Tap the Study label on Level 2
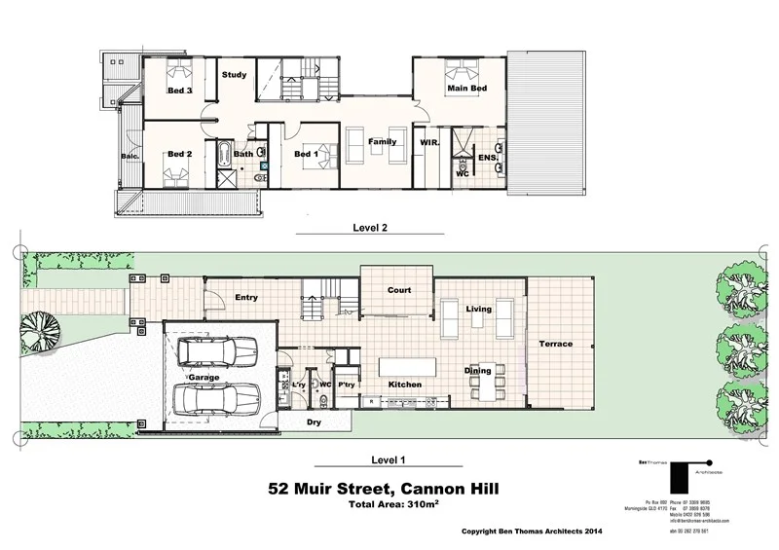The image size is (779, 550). coord(234,75)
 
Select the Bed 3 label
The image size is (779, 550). coord(179,92)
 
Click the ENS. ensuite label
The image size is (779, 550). coord(488,157)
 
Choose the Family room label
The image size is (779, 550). coord(381,142)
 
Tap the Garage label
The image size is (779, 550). coord(204,377)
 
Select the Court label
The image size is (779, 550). coord(399,290)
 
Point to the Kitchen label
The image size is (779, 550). coord(405,385)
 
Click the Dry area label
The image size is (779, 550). coord(315,422)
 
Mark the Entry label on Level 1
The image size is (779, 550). coord(245,298)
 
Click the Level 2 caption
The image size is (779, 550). coord(369,230)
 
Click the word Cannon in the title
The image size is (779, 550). coord(434,488)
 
